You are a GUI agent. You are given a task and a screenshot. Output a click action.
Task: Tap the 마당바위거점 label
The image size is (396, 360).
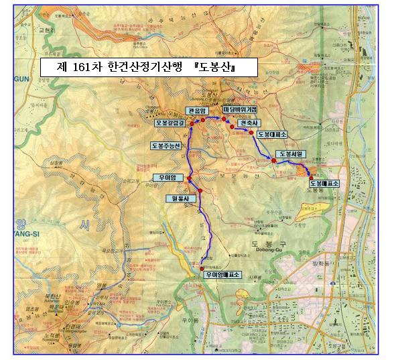[241, 109]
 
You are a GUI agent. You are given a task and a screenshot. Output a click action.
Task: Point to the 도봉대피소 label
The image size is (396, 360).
[273, 134]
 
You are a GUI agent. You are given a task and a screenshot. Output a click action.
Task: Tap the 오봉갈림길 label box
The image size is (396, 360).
[170, 123]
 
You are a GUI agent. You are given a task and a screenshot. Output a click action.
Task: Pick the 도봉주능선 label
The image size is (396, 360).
[166, 145]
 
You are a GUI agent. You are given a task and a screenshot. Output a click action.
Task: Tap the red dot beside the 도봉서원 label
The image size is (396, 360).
[273, 161]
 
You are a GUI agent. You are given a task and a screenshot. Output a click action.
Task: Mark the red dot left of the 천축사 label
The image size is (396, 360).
[231, 126]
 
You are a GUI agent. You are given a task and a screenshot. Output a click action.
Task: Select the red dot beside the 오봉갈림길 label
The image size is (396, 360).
[191, 123]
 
